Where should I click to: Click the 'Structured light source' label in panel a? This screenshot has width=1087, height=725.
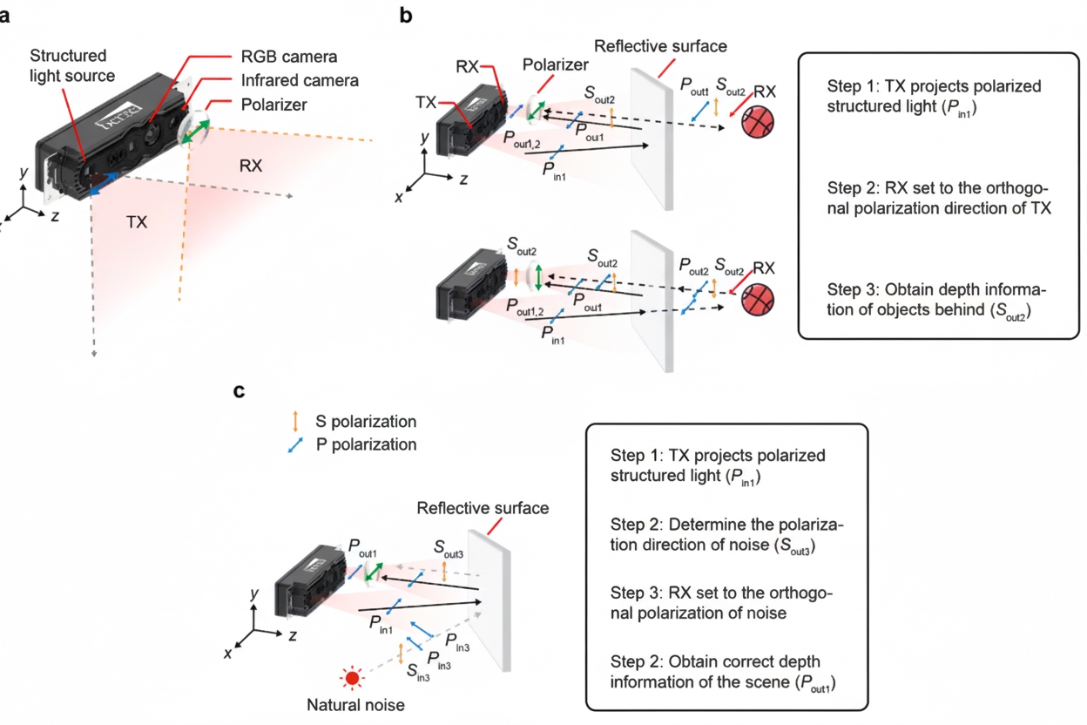pyautogui.click(x=68, y=65)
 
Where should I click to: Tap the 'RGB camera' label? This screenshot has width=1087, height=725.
pyautogui.click(x=289, y=58)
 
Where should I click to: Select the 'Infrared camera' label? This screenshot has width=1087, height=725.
pyautogui.click(x=300, y=80)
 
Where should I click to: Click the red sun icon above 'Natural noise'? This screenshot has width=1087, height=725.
pyautogui.click(x=353, y=677)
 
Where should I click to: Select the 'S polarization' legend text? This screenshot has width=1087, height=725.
pyautogui.click(x=366, y=422)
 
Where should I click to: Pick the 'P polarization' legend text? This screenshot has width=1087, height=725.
pyautogui.click(x=366, y=444)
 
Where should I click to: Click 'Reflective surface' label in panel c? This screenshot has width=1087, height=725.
pyautogui.click(x=483, y=508)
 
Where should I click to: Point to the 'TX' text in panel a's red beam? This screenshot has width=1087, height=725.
pyautogui.click(x=137, y=222)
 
